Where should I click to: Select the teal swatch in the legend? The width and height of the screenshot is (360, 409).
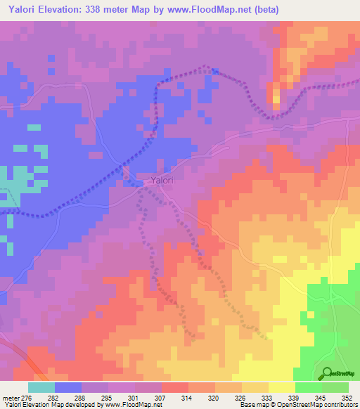pyautogui.click(x=41, y=387)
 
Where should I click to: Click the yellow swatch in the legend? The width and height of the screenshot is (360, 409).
pyautogui.click(x=282, y=387)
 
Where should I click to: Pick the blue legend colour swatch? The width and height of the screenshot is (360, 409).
pyautogui.click(x=68, y=387)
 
